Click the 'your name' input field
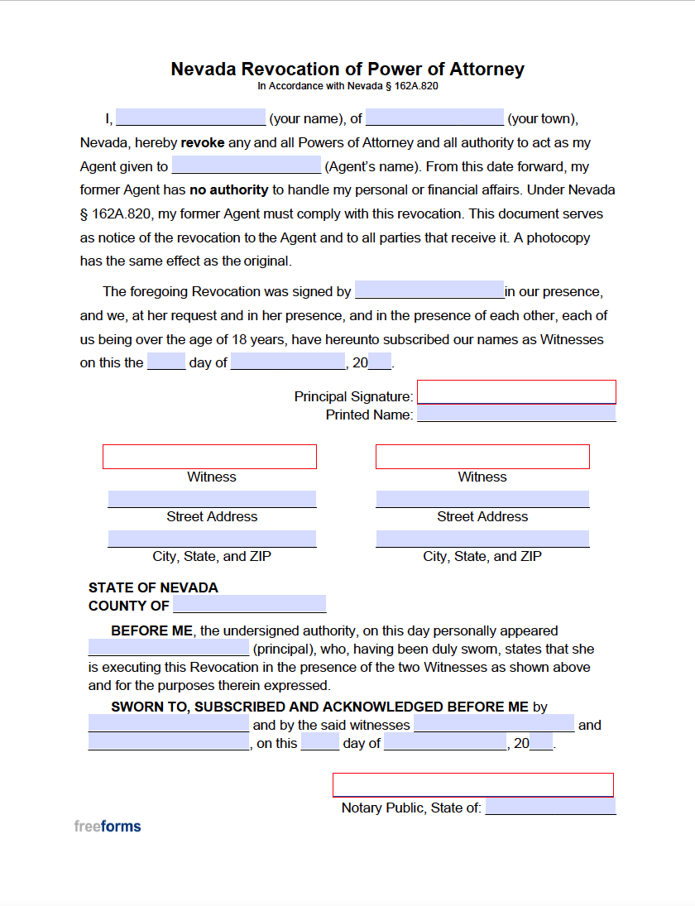[190, 117]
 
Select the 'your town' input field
[434, 117]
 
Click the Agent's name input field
[246, 165]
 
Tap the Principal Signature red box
[516, 392]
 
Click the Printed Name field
[516, 414]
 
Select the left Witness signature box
[209, 457]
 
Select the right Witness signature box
[482, 457]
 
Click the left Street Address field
[212, 499]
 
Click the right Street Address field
[482, 499]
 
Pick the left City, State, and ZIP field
[212, 539]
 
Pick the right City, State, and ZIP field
[482, 539]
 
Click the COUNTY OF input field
[249, 604]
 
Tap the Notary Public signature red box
[473, 785]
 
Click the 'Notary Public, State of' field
[550, 807]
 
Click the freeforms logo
[108, 826]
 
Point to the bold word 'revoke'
[203, 142]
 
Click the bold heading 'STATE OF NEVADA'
[153, 587]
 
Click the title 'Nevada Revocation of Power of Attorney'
[347, 69]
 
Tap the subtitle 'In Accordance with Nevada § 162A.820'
[347, 86]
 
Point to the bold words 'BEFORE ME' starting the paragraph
[151, 630]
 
